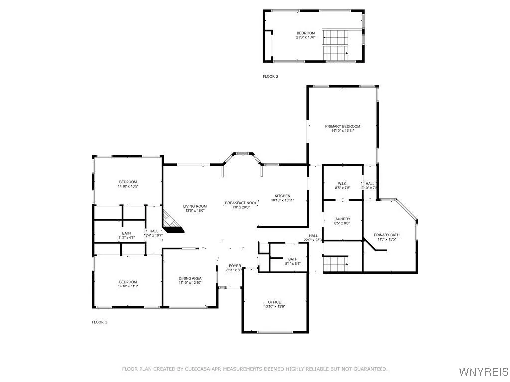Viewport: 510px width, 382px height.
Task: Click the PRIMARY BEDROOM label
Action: (342, 126)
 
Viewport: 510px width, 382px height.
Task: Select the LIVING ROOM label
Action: (194, 206)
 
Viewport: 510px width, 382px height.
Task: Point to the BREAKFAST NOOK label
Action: (241, 203)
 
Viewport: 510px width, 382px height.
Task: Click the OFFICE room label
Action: (274, 302)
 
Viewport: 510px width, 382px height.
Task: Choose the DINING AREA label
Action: (190, 278)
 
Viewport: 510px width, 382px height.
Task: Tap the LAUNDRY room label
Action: (342, 219)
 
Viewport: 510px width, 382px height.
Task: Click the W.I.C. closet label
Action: (342, 183)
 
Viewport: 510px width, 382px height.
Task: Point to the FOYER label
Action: (235, 266)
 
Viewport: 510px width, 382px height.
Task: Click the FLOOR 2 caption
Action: (270, 76)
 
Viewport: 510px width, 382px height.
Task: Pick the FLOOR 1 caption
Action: (99, 322)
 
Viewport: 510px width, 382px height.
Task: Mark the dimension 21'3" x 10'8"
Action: (306, 37)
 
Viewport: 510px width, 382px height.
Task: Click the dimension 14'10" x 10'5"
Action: (127, 187)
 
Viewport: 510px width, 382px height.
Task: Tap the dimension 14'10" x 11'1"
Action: (127, 286)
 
